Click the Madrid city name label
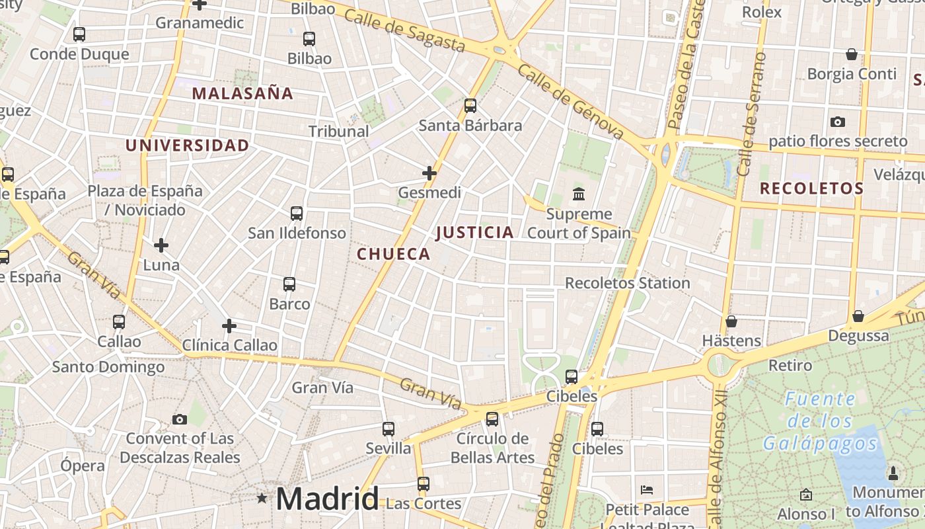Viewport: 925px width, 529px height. (x=327, y=499)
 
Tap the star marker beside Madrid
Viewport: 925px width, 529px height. (x=262, y=498)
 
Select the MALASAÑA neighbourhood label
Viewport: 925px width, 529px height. (x=242, y=93)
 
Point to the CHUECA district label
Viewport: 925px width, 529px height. (x=394, y=254)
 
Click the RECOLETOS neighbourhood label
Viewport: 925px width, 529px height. (x=811, y=188)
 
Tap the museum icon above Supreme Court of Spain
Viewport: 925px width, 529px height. (x=579, y=194)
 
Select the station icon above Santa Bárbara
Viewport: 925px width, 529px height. (x=470, y=105)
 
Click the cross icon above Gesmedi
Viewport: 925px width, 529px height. (x=429, y=173)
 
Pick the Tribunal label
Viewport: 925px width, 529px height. (x=339, y=131)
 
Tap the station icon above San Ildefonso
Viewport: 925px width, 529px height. (x=297, y=213)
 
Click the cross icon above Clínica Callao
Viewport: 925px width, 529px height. (x=229, y=326)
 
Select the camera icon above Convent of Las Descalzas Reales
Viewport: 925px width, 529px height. (x=179, y=419)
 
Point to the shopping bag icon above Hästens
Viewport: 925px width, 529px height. (x=731, y=321)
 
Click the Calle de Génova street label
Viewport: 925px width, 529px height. (x=571, y=102)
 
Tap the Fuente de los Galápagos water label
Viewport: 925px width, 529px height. (x=821, y=421)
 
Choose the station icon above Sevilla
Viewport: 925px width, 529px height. (x=388, y=428)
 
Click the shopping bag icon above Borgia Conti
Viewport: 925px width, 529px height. (x=852, y=54)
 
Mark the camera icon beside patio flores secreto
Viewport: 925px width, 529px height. (x=838, y=122)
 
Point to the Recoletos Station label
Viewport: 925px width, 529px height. (x=627, y=283)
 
